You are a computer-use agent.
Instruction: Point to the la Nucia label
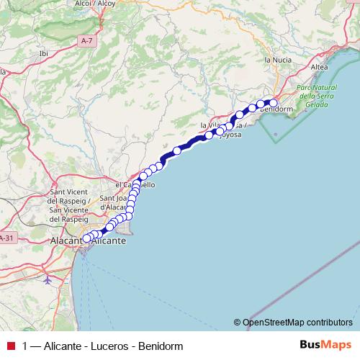(x=277, y=60)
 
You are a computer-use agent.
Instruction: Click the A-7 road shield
(x=86, y=42)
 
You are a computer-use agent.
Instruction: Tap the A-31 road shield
(x=6, y=238)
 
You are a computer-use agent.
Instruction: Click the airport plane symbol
(x=47, y=279)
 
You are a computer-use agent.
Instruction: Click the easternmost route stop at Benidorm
(x=273, y=102)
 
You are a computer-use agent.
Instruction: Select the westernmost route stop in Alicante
(x=86, y=238)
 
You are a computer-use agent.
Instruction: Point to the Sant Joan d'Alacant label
(x=115, y=202)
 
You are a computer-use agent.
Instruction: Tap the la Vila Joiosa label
(x=224, y=129)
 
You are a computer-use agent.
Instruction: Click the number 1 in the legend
(x=26, y=346)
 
